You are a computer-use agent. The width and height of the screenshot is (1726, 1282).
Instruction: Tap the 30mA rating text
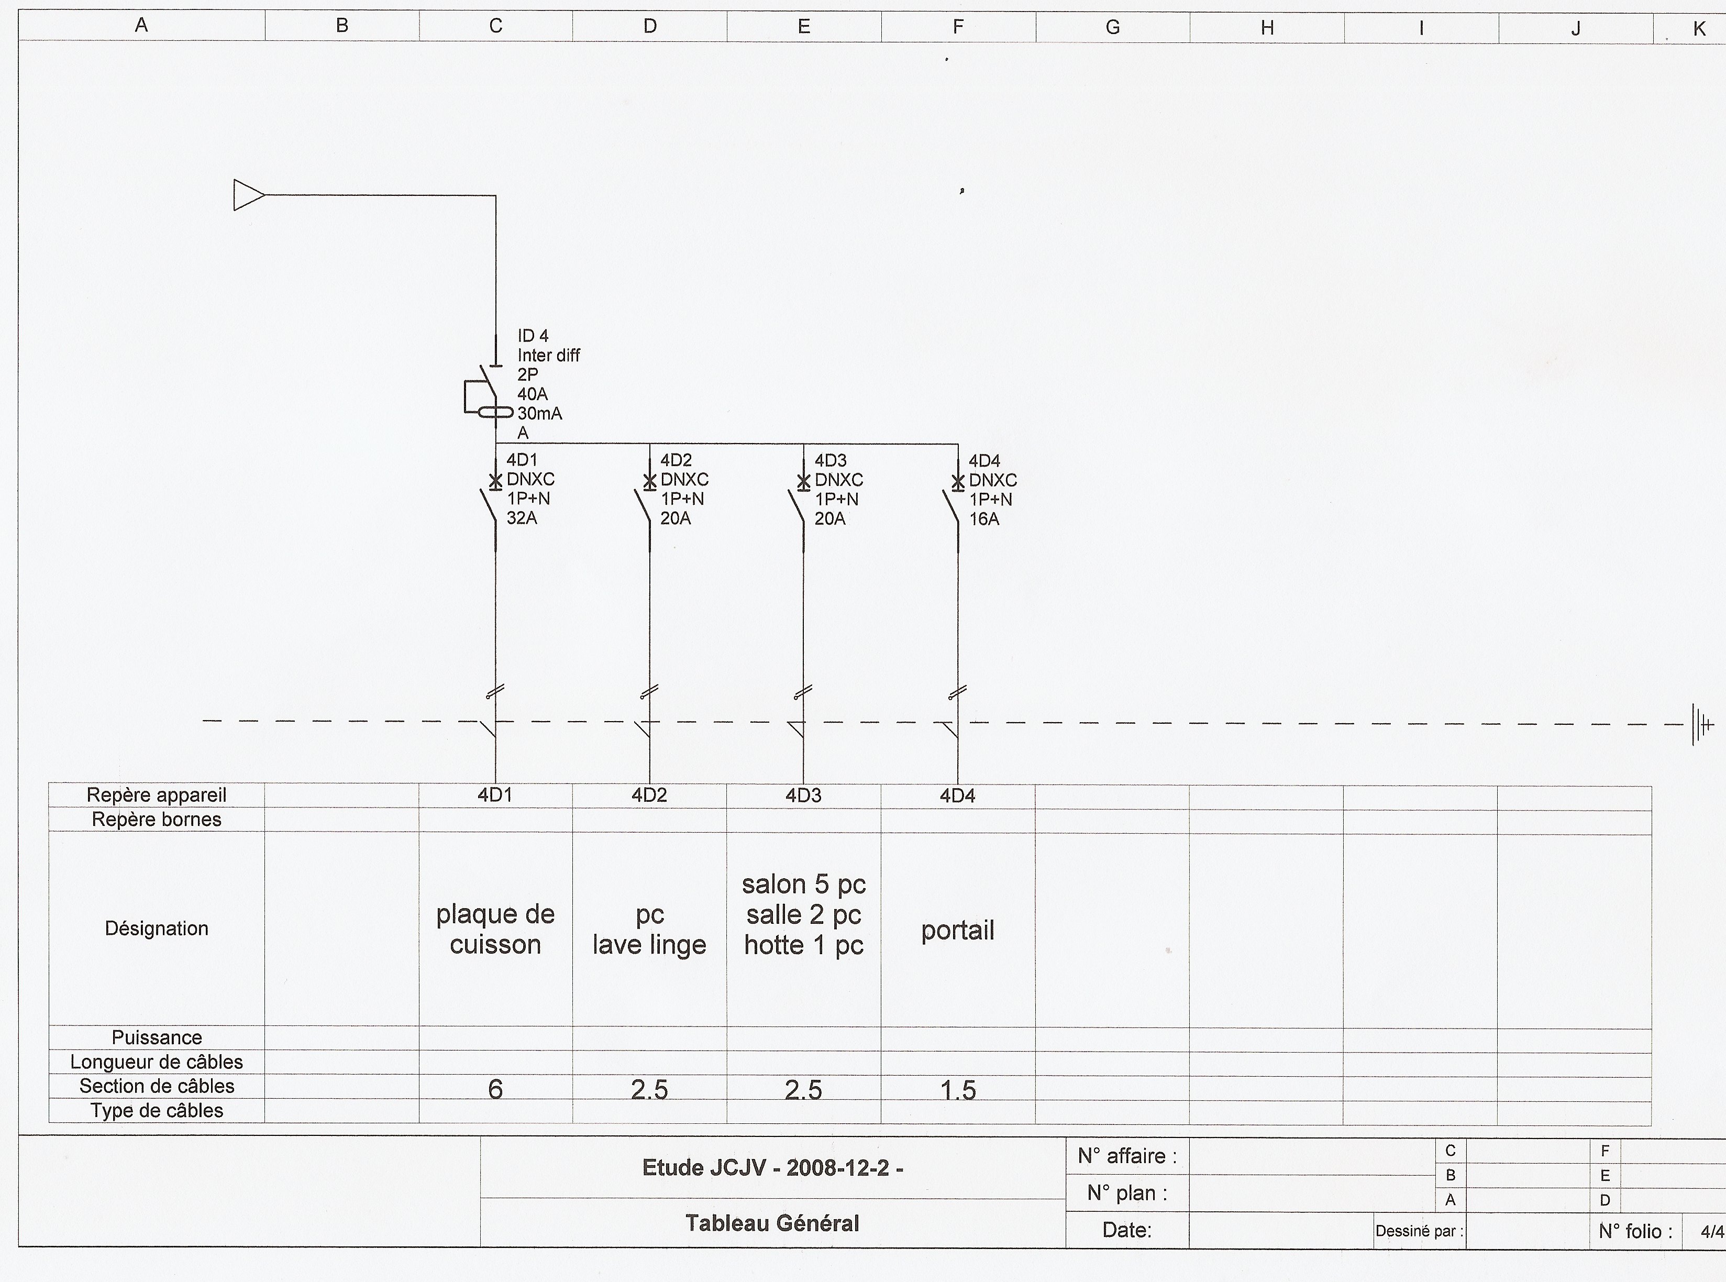tap(539, 414)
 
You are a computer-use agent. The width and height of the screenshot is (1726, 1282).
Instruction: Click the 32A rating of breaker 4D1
tap(522, 517)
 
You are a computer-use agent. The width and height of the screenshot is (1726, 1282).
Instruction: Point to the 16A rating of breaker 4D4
tap(984, 519)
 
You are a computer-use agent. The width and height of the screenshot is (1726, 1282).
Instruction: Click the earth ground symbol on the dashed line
tap(1702, 725)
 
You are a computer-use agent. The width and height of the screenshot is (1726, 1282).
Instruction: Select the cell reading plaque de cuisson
tap(495, 929)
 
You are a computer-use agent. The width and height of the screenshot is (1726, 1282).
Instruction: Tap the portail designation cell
tap(958, 930)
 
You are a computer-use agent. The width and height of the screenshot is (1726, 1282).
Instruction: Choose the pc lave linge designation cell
tap(649, 930)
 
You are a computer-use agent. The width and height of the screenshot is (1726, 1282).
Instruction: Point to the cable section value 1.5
tap(958, 1090)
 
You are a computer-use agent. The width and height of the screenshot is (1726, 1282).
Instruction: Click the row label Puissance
tap(157, 1037)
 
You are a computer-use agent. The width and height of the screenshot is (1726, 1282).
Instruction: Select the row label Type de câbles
tap(157, 1111)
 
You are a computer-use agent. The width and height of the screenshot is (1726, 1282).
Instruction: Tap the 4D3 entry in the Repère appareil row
tap(803, 795)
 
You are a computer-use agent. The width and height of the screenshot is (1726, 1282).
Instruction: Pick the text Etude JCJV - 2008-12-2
tap(772, 1168)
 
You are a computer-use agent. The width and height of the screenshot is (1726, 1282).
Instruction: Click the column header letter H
tap(1267, 28)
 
